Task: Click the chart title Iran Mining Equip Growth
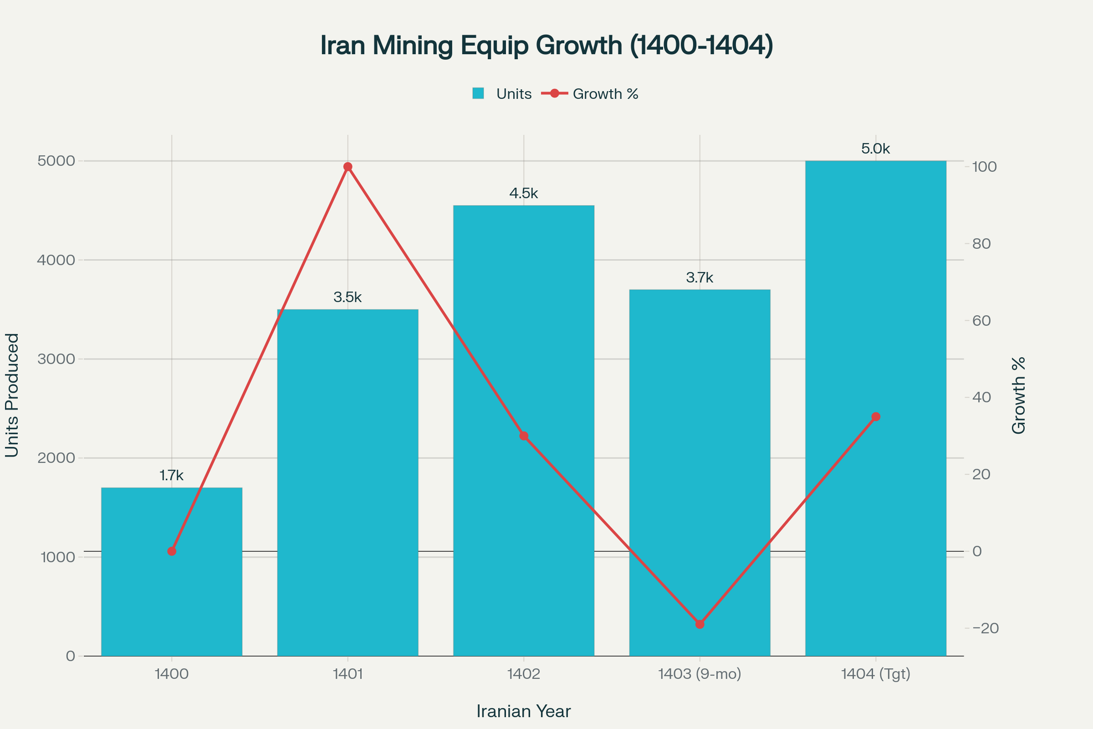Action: tap(546, 46)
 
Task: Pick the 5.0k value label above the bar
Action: tap(875, 149)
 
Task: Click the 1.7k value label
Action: tap(172, 476)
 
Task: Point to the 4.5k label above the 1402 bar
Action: tap(524, 193)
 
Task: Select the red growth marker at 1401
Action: tap(347, 167)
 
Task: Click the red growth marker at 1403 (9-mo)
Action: tap(700, 624)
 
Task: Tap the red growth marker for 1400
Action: tap(172, 551)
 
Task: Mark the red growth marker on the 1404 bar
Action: tap(875, 417)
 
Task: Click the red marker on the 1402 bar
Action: tap(524, 436)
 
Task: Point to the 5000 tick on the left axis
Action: tap(56, 161)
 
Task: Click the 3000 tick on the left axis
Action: tap(56, 359)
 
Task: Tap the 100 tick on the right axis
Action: tap(984, 167)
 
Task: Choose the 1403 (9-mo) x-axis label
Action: tap(700, 674)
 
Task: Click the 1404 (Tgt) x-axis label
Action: tap(875, 674)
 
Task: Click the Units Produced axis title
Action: tap(13, 395)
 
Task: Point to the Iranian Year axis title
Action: tap(524, 712)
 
